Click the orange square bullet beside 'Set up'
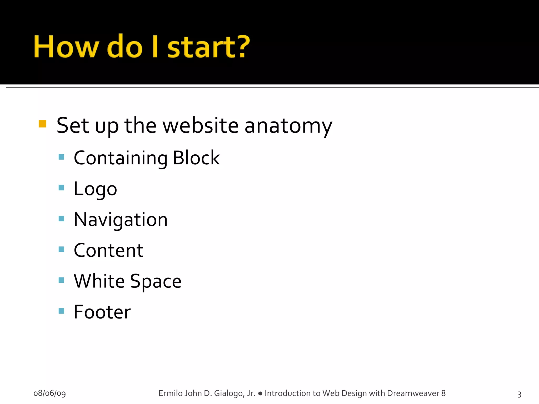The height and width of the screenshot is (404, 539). click(x=42, y=124)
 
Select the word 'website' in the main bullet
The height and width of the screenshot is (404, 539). click(x=201, y=125)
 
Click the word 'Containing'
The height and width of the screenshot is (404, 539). click(x=121, y=158)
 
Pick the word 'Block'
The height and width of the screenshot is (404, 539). click(x=196, y=158)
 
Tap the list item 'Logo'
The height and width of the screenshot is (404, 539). click(x=95, y=189)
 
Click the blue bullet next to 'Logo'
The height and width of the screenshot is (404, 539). click(x=61, y=188)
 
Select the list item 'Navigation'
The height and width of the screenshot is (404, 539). click(x=121, y=220)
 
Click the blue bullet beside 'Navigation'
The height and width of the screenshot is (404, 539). click(x=61, y=218)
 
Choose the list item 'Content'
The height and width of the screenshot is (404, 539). click(x=108, y=250)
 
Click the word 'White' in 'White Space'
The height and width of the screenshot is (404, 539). click(x=99, y=281)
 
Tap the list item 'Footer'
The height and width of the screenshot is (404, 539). click(x=102, y=312)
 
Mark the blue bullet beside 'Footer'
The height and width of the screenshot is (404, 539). click(x=61, y=311)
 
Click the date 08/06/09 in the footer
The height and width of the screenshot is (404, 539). click(x=49, y=393)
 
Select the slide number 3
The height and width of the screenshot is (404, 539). click(x=519, y=394)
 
